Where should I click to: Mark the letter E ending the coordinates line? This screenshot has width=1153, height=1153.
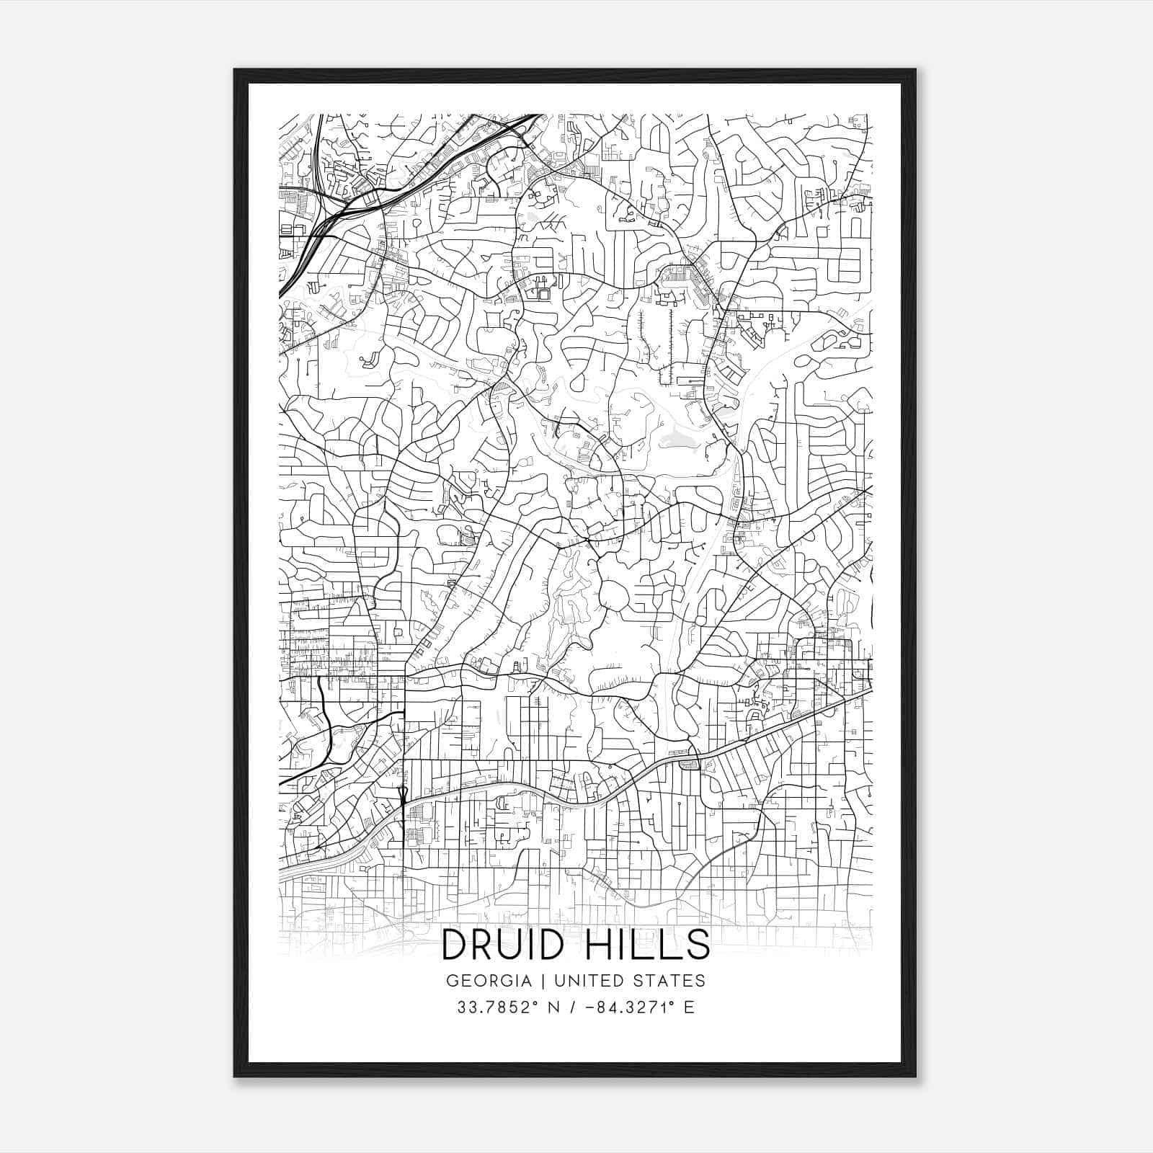pos(689,1007)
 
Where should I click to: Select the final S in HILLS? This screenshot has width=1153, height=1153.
pos(698,945)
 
